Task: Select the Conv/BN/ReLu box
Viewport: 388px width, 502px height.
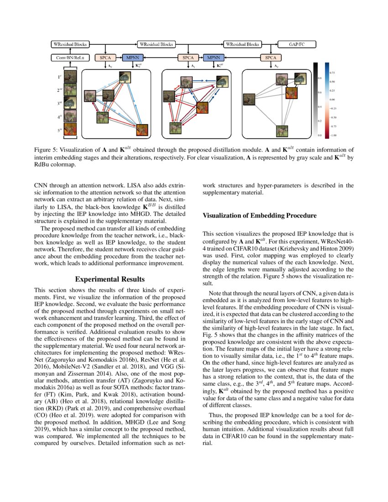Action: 70,58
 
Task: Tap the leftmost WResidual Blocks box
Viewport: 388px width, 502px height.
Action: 70,45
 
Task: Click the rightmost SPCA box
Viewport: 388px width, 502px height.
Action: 271,58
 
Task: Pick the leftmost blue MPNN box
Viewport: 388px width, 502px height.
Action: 133,58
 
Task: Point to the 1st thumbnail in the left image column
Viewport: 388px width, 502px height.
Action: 70,76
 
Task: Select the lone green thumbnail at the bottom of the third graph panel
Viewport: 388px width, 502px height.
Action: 282,131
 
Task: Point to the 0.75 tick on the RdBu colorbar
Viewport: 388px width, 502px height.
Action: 332,73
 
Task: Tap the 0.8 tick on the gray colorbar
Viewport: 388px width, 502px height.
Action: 319,78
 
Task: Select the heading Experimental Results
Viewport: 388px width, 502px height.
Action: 110,279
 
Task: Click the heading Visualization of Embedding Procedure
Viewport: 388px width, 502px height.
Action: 259,215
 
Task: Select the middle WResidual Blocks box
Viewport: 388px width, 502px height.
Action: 156,45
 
